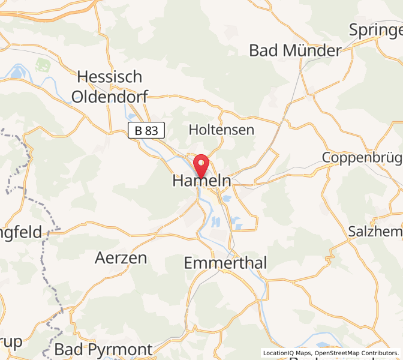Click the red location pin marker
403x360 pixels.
coord(201,163)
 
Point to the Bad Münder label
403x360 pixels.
coord(295,50)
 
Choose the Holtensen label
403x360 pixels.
coord(221,130)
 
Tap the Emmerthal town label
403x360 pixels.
coord(225,263)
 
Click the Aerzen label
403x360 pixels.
coord(121,258)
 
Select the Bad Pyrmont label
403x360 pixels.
coord(103,349)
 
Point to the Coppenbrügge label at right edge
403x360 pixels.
coord(362,157)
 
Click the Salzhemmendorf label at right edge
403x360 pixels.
coord(375,231)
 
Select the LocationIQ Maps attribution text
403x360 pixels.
coord(288,353)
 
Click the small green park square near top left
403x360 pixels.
coord(43,64)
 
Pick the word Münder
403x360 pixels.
coord(312,50)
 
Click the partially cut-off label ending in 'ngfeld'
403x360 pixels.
coord(20,232)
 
